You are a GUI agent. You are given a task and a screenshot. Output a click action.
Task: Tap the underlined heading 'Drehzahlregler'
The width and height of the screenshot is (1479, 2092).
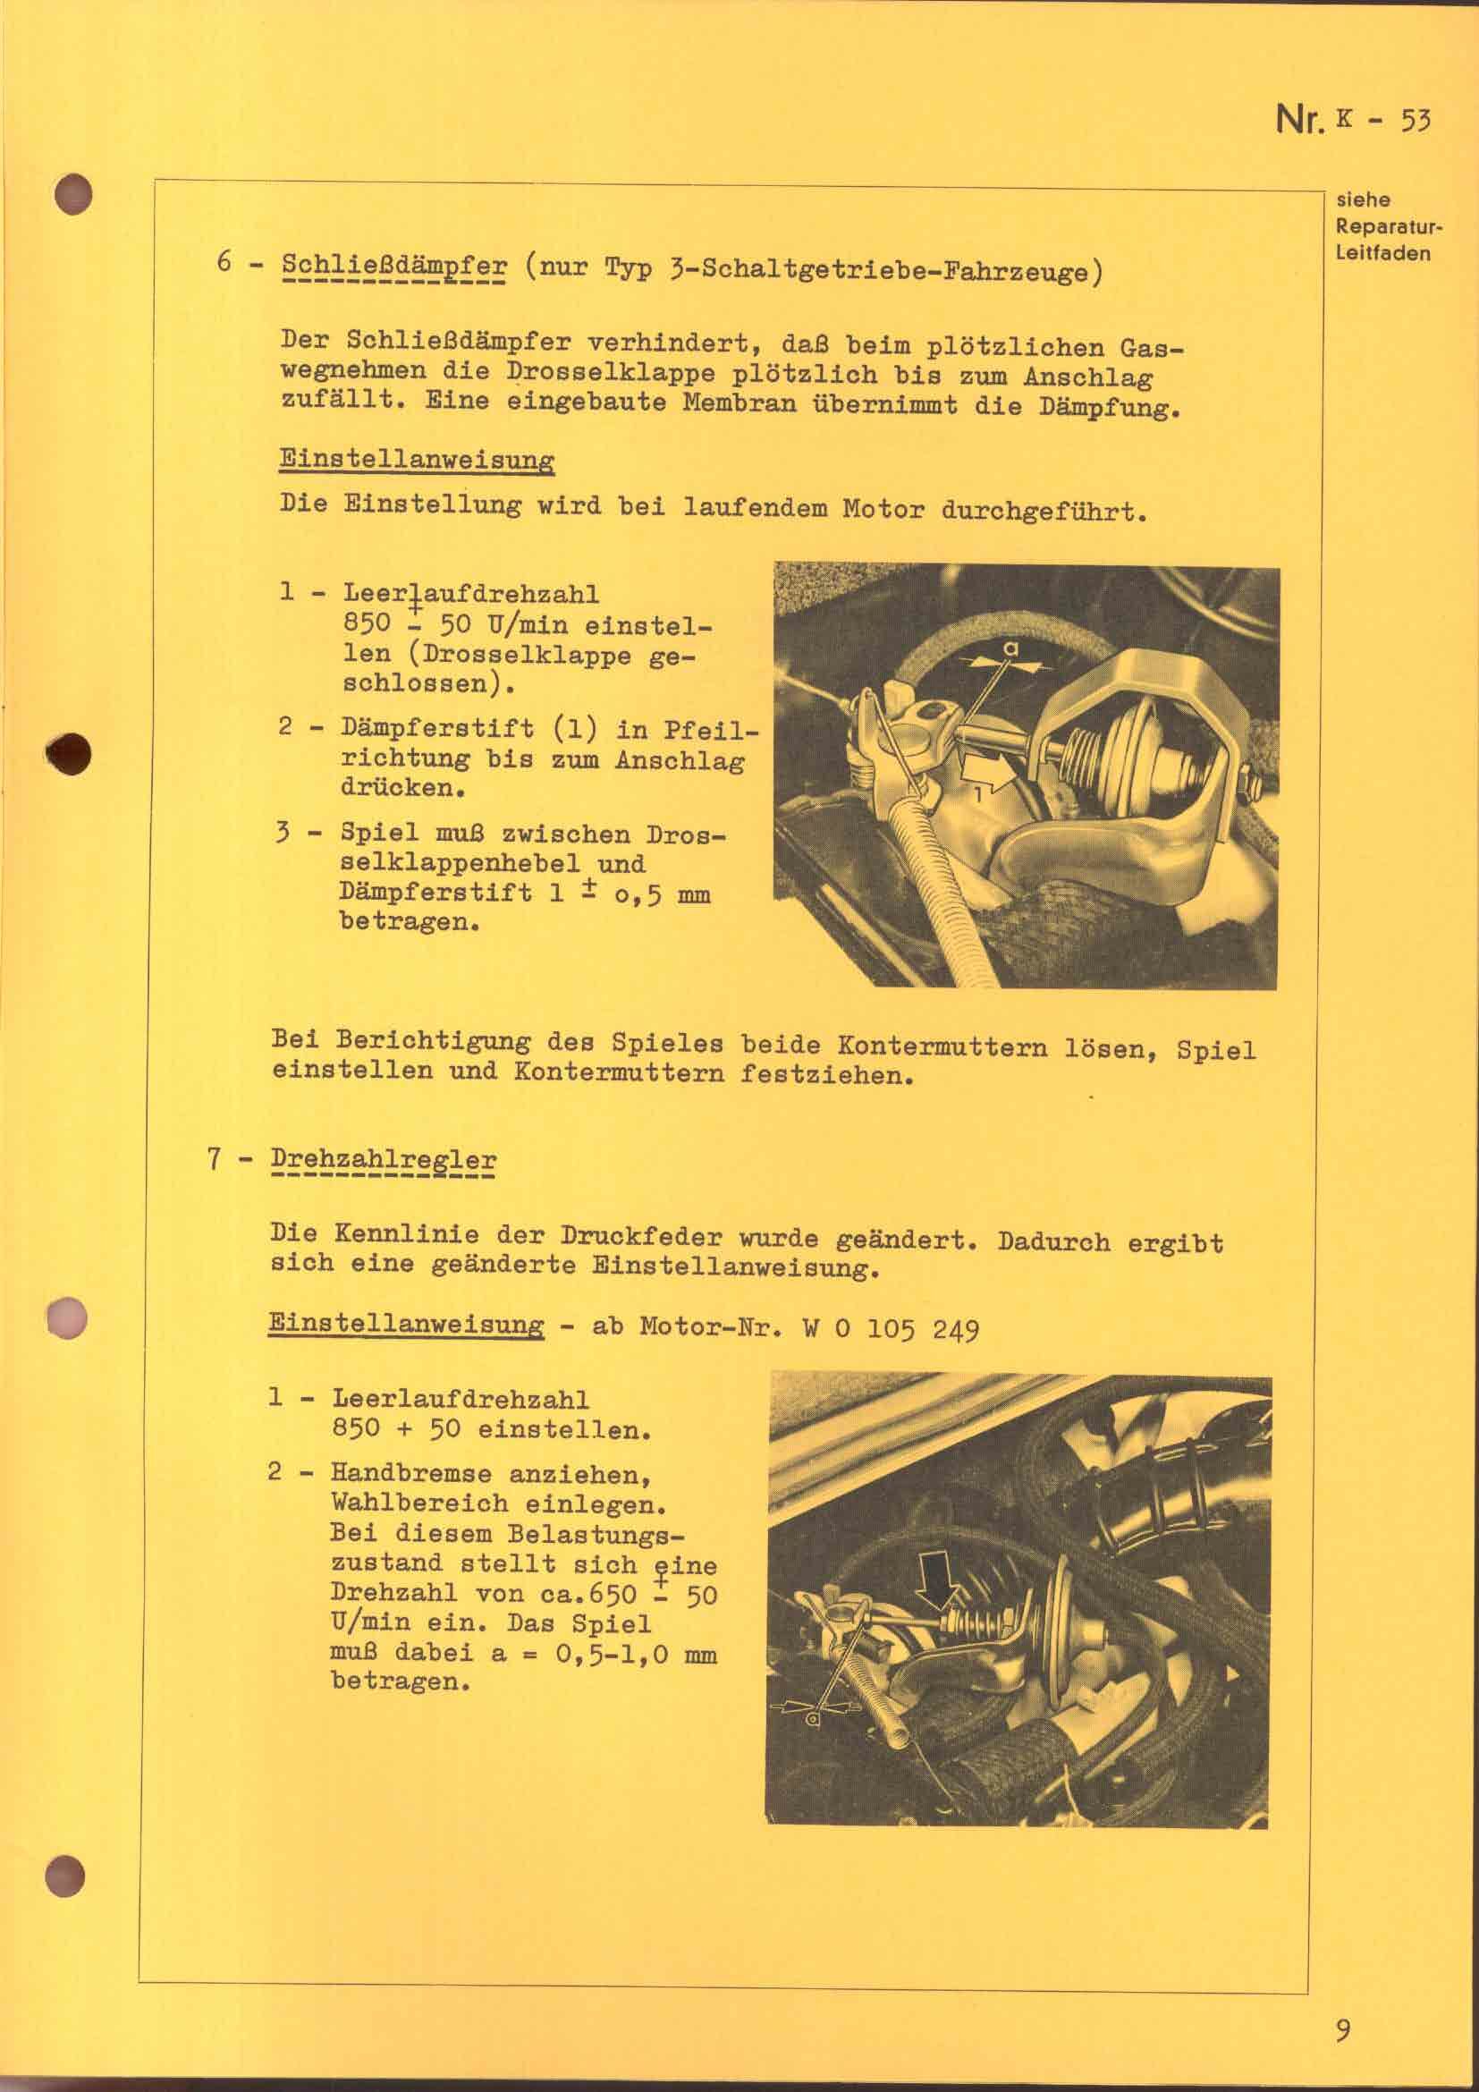[x=383, y=1161]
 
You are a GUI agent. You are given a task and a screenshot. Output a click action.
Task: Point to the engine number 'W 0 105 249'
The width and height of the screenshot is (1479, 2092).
[x=891, y=1328]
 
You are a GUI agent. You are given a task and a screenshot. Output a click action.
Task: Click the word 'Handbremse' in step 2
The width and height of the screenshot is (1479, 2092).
[x=411, y=1473]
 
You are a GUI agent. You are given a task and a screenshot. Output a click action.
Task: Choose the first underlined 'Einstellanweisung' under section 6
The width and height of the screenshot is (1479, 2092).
[x=417, y=459]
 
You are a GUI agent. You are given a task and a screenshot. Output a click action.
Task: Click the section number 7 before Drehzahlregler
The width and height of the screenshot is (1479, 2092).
[x=215, y=1160]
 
